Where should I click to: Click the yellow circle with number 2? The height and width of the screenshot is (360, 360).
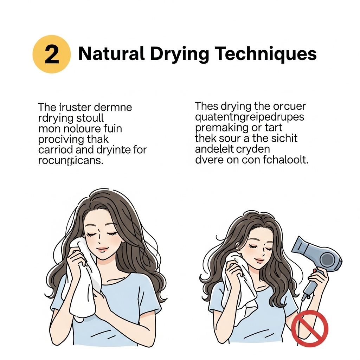pos(52,54)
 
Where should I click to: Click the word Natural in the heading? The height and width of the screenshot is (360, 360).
pos(111,54)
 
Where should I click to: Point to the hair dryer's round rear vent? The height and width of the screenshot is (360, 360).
pos(328,260)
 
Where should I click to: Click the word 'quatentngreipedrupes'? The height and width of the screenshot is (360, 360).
pos(249,116)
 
